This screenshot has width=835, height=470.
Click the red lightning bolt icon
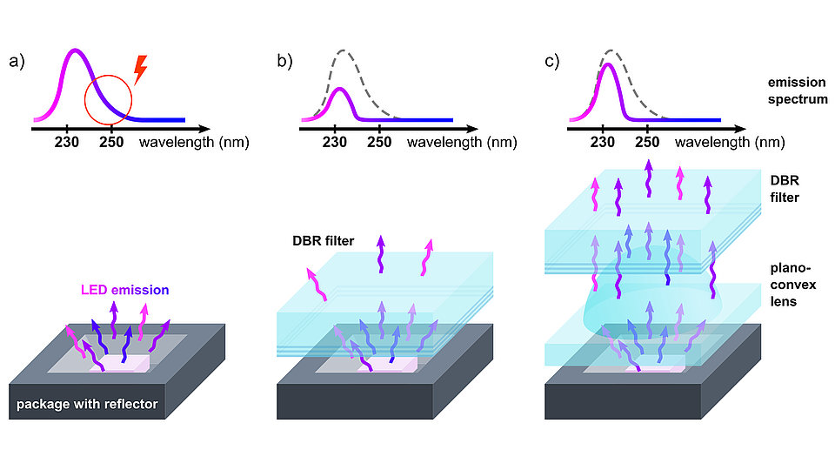coord(140,70)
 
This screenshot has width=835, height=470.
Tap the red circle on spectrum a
coord(85,99)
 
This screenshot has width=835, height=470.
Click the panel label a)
coord(17,62)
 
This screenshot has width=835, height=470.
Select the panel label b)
coord(284,62)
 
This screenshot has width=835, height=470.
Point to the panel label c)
coord(551,62)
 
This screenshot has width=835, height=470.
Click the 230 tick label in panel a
coord(67,142)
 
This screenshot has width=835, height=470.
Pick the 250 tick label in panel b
coord(379,142)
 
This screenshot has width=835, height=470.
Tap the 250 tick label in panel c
coord(647,142)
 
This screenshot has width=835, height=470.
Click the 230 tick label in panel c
coord(602,142)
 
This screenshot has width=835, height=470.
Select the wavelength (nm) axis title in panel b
coord(462,143)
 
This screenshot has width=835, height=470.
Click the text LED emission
coord(124,290)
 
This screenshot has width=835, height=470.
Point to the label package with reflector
coord(87,404)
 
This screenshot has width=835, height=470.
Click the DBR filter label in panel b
coord(324,241)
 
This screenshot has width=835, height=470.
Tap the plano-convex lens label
coord(792,285)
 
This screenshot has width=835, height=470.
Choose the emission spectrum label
coord(798,91)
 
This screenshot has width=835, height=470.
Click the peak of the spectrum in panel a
coord(76,50)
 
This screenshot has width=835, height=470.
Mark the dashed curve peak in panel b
coord(344,51)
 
